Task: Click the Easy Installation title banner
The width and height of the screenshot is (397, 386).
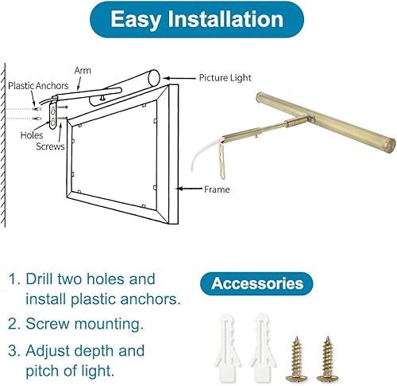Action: click(x=198, y=19)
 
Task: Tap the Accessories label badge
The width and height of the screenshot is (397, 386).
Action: click(x=257, y=283)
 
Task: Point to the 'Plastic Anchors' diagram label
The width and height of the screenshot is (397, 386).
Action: click(x=37, y=84)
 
